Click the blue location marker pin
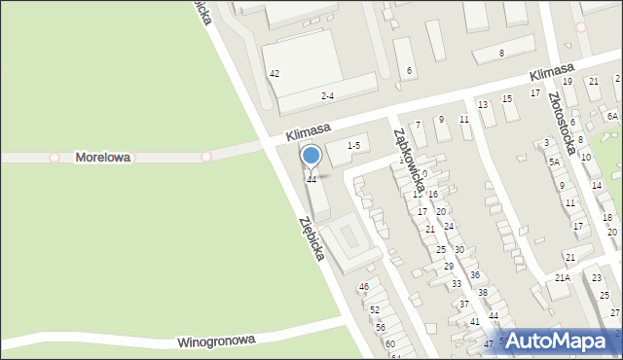pyautogui.click(x=311, y=156)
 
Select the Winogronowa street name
pyautogui.click(x=216, y=342)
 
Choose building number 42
pyautogui.click(x=275, y=74)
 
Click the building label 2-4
pyautogui.click(x=328, y=95)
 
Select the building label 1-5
pyautogui.click(x=352, y=146)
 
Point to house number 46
pyautogui.click(x=363, y=287)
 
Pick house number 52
pyautogui.click(x=374, y=309)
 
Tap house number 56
pyautogui.click(x=381, y=327)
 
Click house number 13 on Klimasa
pyautogui.click(x=482, y=104)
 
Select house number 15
pyautogui.click(x=506, y=99)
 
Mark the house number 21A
pyautogui.click(x=562, y=278)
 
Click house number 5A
pyautogui.click(x=554, y=162)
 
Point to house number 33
pyautogui.click(x=457, y=284)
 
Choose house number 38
pyautogui.click(x=482, y=292)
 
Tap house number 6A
pyautogui.click(x=611, y=116)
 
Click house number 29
pyautogui.click(x=449, y=266)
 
